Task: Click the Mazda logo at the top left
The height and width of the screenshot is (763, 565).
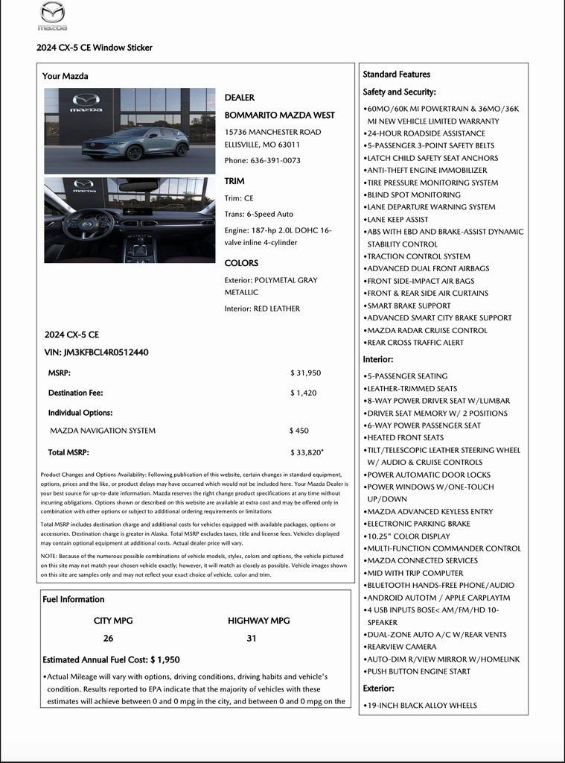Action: (x=52, y=15)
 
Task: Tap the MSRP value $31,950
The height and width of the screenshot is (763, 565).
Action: (x=305, y=373)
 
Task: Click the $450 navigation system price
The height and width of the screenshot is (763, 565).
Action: (x=299, y=431)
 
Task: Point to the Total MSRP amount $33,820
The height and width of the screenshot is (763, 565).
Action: (x=306, y=452)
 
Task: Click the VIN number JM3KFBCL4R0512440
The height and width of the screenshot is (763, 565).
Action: (x=96, y=352)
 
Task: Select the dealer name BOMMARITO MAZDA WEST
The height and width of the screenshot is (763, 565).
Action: (x=279, y=115)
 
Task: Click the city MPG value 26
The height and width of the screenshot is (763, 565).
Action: (x=109, y=639)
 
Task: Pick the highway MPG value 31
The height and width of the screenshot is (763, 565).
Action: (x=252, y=639)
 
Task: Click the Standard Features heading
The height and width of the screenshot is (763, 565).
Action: (x=396, y=75)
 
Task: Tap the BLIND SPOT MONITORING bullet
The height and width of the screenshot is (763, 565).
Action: (x=413, y=194)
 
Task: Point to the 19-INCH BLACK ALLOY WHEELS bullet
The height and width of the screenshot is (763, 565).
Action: (x=421, y=705)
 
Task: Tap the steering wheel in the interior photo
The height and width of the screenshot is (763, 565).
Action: (x=88, y=224)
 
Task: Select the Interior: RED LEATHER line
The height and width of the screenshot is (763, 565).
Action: (x=262, y=308)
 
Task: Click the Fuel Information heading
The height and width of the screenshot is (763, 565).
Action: (x=74, y=599)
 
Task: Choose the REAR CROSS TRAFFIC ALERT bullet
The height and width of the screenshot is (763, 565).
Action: (x=415, y=343)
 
